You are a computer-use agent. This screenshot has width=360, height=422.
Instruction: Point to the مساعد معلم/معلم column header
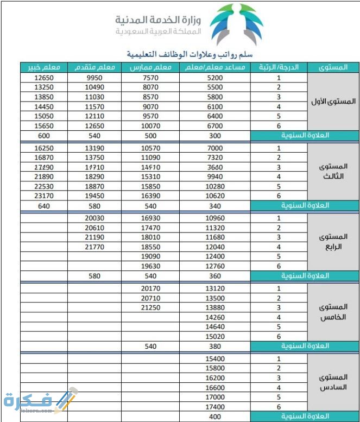(215, 67)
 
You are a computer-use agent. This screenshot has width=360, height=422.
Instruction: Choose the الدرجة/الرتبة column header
(279, 67)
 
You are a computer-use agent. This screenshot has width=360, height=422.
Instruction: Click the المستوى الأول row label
(333, 102)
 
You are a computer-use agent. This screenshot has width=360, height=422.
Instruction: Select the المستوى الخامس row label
(333, 312)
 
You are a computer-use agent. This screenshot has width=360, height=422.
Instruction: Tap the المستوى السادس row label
(333, 382)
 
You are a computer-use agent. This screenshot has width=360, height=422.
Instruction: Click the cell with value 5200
(215, 78)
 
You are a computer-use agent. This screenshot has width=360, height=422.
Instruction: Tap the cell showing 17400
(215, 406)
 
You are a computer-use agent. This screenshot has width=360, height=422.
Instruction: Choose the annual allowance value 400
(215, 416)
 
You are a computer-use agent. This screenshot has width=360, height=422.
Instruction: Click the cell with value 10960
(215, 218)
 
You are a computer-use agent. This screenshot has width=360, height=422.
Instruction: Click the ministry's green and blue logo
(236, 25)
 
